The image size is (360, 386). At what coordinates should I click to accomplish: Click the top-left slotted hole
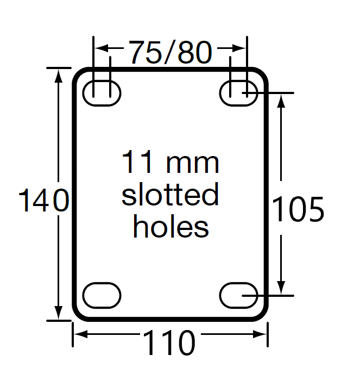click(102, 93)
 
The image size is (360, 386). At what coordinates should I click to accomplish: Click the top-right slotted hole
click(238, 93)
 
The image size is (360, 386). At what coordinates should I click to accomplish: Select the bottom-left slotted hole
click(102, 295)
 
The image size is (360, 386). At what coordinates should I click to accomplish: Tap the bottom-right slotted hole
click(238, 295)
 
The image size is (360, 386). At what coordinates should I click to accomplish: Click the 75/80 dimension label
click(170, 52)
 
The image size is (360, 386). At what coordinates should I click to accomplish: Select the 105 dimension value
click(298, 209)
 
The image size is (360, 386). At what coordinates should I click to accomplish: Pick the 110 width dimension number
click(169, 344)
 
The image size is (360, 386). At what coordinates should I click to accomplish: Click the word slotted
click(170, 195)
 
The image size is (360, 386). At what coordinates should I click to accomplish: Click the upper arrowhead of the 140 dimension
click(58, 74)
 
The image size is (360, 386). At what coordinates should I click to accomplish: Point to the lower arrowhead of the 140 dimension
click(58, 314)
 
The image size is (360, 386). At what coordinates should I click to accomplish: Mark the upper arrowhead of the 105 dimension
click(281, 99)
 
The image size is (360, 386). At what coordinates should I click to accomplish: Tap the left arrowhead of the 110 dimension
click(79, 334)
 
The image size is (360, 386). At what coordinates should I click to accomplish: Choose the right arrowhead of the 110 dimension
click(261, 334)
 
